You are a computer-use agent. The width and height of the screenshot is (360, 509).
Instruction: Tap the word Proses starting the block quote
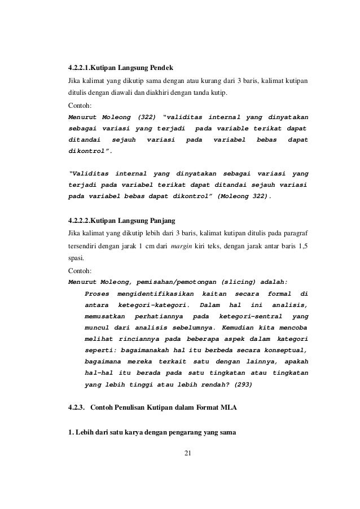(96, 293)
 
